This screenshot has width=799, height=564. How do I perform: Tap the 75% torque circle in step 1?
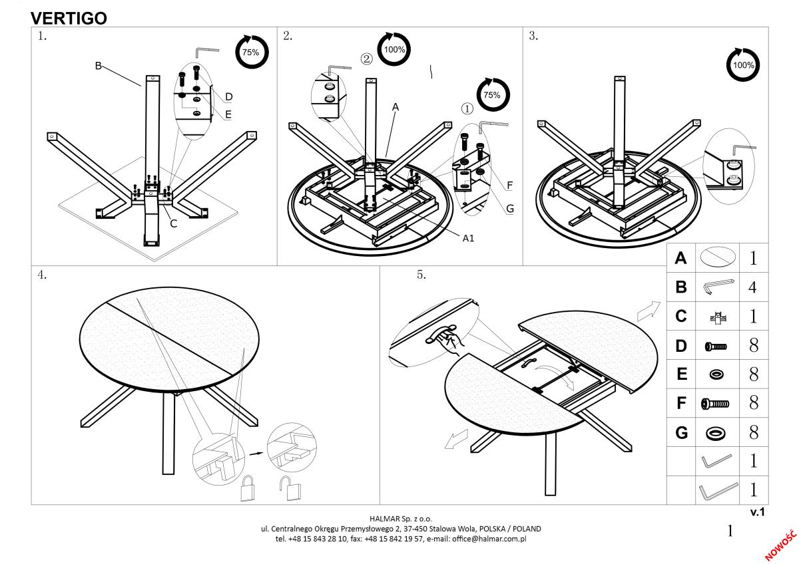pyautogui.click(x=250, y=53)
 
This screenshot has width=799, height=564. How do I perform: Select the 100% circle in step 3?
pyautogui.click(x=742, y=65)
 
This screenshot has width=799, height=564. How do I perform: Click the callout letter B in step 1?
pyautogui.click(x=98, y=65)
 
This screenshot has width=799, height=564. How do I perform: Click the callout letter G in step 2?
pyautogui.click(x=510, y=208)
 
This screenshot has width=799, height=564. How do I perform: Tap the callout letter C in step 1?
pyautogui.click(x=173, y=223)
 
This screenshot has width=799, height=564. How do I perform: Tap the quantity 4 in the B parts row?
pyautogui.click(x=753, y=288)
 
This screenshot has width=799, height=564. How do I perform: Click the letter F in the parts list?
pyautogui.click(x=681, y=403)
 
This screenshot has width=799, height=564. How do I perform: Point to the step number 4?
pyautogui.click(x=42, y=275)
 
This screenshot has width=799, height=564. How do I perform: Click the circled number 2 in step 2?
pyautogui.click(x=366, y=59)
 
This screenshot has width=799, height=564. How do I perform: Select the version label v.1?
pyautogui.click(x=758, y=512)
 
